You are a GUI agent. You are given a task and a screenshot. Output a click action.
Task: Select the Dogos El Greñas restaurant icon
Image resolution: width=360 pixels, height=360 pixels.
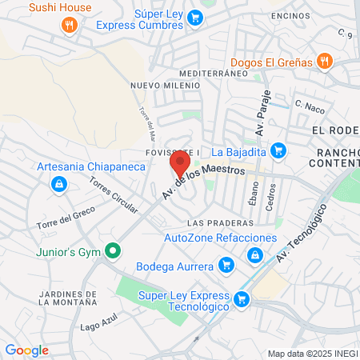(324, 62)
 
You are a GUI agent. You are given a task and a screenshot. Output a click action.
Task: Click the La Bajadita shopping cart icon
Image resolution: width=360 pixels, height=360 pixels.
(278, 150)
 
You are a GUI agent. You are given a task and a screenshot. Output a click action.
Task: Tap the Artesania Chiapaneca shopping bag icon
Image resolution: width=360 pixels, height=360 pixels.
(58, 184)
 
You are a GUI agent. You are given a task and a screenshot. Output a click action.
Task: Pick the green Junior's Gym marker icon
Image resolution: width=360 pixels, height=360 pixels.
(113, 251)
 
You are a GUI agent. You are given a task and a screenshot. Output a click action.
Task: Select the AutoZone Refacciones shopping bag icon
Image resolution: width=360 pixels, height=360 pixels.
(254, 255)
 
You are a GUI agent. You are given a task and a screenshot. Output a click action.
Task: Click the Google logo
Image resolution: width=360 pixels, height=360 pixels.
(26, 350)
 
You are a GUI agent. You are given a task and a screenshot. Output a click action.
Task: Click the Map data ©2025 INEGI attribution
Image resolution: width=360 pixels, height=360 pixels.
(312, 354)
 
